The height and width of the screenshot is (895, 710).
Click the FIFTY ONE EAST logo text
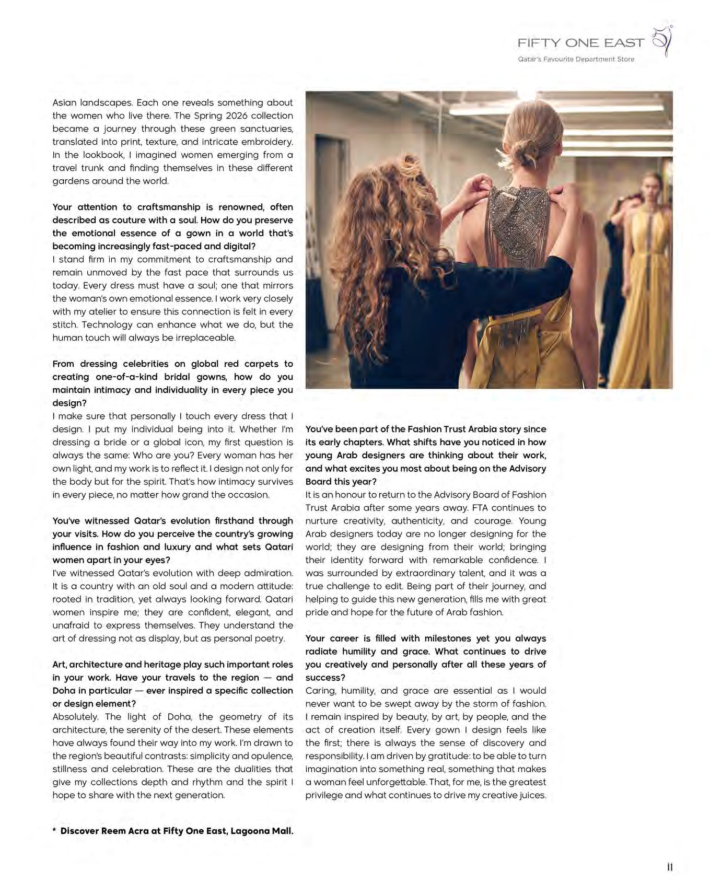[580, 43]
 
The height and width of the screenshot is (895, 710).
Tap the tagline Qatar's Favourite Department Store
[576, 60]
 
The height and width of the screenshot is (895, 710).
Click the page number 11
[669, 867]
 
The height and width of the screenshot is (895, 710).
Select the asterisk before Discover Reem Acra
[54, 830]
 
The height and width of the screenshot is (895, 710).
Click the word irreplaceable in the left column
[206, 338]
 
